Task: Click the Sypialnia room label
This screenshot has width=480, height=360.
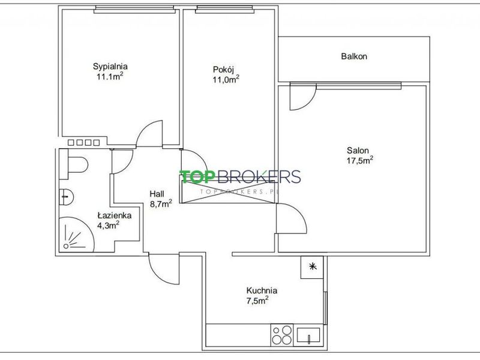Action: pos(110,67)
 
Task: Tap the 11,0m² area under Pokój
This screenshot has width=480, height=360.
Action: pos(226,79)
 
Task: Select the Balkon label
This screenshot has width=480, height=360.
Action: pos(354,56)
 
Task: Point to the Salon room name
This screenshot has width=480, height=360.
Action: pos(358,151)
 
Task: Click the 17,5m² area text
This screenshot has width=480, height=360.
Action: pos(359,160)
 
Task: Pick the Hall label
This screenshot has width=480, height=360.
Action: pos(157,194)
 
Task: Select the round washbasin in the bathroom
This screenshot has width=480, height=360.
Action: pos(66,197)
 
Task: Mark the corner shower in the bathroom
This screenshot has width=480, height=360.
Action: pos(76,235)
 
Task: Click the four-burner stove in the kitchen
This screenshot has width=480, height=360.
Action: pos(282,335)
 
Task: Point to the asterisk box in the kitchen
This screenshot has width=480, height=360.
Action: pos(312,267)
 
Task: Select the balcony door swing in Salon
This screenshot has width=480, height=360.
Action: pos(303,98)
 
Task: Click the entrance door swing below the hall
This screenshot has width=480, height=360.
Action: pos(163,269)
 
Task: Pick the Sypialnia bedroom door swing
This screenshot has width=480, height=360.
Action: pos(149,134)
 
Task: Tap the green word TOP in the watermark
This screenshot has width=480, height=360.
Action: pos(196,176)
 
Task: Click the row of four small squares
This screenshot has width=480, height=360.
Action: pos(83,142)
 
